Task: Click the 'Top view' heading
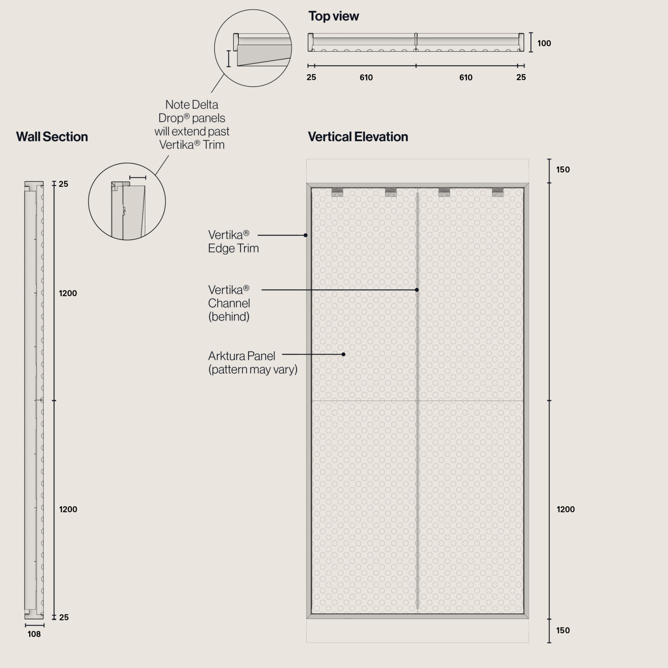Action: point(333,16)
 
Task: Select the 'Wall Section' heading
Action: point(52,137)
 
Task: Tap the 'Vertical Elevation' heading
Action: point(358,137)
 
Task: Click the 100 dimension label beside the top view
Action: point(544,43)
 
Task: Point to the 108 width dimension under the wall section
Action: point(34,634)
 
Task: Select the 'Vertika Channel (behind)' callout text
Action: point(229,303)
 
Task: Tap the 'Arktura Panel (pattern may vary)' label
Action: point(252,362)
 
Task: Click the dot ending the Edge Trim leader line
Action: point(306,235)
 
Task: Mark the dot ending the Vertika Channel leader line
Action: point(417,290)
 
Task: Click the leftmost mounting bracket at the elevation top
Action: point(337,192)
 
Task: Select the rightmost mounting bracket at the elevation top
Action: point(497,192)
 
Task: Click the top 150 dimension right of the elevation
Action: point(563,169)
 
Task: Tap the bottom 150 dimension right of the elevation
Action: point(563,630)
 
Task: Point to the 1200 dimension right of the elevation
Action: point(566,509)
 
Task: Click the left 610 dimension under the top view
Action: point(366,77)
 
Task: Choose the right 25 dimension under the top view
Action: point(521,77)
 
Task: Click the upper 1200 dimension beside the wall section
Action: point(68,293)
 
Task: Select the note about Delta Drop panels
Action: point(192,125)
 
